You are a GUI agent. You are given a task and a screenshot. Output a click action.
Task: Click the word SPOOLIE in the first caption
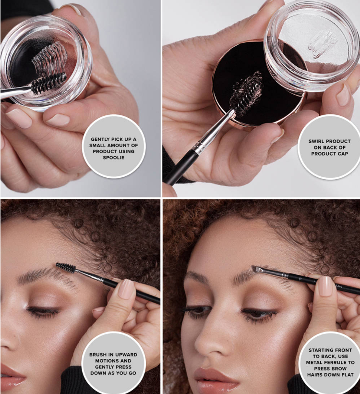pyautogui.click(x=113, y=158)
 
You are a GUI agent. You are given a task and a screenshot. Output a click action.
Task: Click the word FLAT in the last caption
pyautogui.click(x=348, y=375)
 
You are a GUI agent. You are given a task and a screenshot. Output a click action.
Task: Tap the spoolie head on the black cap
pyautogui.click(x=247, y=94)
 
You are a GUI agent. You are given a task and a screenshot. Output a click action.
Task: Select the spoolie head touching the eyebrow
pyautogui.click(x=66, y=268)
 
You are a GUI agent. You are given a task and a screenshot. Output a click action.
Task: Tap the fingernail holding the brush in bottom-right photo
pyautogui.click(x=325, y=286)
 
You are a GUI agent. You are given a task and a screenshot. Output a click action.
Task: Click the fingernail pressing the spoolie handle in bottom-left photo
pyautogui.click(x=127, y=289)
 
